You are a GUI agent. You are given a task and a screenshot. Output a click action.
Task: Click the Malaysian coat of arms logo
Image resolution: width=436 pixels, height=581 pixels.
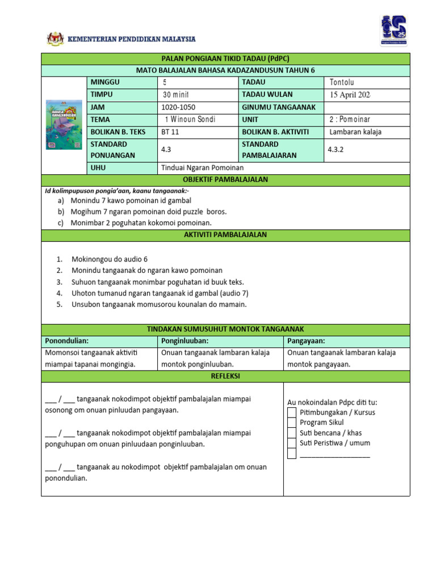pyautogui.click(x=56, y=39)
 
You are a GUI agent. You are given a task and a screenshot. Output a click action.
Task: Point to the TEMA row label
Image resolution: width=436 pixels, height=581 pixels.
pyautogui.click(x=100, y=120)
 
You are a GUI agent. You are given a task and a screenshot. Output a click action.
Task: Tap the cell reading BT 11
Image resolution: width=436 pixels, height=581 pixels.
pyautogui.click(x=170, y=132)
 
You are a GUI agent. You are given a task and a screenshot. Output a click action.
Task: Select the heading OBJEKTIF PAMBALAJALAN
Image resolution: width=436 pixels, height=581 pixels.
pyautogui.click(x=225, y=180)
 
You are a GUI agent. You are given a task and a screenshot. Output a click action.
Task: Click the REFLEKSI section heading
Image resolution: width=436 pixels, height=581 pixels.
pyautogui.click(x=225, y=376)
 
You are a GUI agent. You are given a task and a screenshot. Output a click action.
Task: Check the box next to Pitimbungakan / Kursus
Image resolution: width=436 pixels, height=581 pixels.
pyautogui.click(x=292, y=412)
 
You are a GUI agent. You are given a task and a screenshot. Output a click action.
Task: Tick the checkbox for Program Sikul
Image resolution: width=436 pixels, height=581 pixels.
pyautogui.click(x=292, y=423)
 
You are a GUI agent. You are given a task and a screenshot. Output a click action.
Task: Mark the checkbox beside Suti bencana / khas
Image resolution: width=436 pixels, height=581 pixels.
pyautogui.click(x=292, y=433)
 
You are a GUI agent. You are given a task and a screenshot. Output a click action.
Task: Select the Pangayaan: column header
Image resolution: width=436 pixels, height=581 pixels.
pyautogui.click(x=307, y=340)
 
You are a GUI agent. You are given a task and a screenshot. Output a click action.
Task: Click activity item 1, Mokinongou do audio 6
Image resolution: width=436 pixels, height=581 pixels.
pyautogui.click(x=110, y=259)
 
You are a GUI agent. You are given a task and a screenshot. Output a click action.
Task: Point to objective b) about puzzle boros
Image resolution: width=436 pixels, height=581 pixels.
pyautogui.click(x=148, y=212)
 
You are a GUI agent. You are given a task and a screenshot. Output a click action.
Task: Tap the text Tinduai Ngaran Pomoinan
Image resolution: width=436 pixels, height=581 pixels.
pyautogui.click(x=202, y=168)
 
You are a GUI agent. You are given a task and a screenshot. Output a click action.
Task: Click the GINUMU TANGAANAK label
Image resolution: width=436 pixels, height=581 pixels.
pyautogui.click(x=279, y=107)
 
